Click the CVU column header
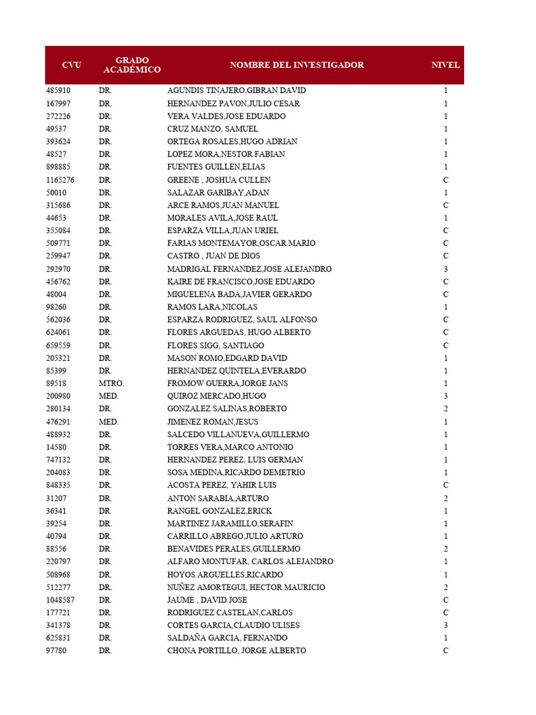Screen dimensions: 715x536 (x=71, y=65)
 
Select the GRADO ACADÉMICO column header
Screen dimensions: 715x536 (x=132, y=65)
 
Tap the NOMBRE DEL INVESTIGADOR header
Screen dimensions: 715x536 (x=297, y=65)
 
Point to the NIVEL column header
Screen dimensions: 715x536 (x=445, y=65)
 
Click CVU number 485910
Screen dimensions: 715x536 (x=59, y=91)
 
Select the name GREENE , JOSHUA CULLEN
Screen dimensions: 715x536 (x=218, y=180)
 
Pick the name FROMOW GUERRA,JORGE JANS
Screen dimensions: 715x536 (x=228, y=383)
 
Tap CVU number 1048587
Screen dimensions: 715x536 (x=61, y=600)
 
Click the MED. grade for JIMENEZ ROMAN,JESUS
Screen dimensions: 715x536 (x=109, y=422)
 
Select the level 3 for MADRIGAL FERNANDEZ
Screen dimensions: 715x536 (x=445, y=269)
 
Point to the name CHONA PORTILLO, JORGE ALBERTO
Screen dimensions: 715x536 (x=237, y=651)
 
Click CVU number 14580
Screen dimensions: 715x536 (x=57, y=447)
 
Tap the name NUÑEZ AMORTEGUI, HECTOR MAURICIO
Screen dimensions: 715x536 (x=246, y=587)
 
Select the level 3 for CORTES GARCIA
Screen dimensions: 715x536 (x=445, y=625)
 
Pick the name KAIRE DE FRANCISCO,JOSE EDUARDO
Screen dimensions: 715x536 (x=241, y=281)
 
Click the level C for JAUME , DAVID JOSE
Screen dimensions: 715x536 (x=445, y=600)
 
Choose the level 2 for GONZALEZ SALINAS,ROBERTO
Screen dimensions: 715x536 (x=445, y=408)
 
